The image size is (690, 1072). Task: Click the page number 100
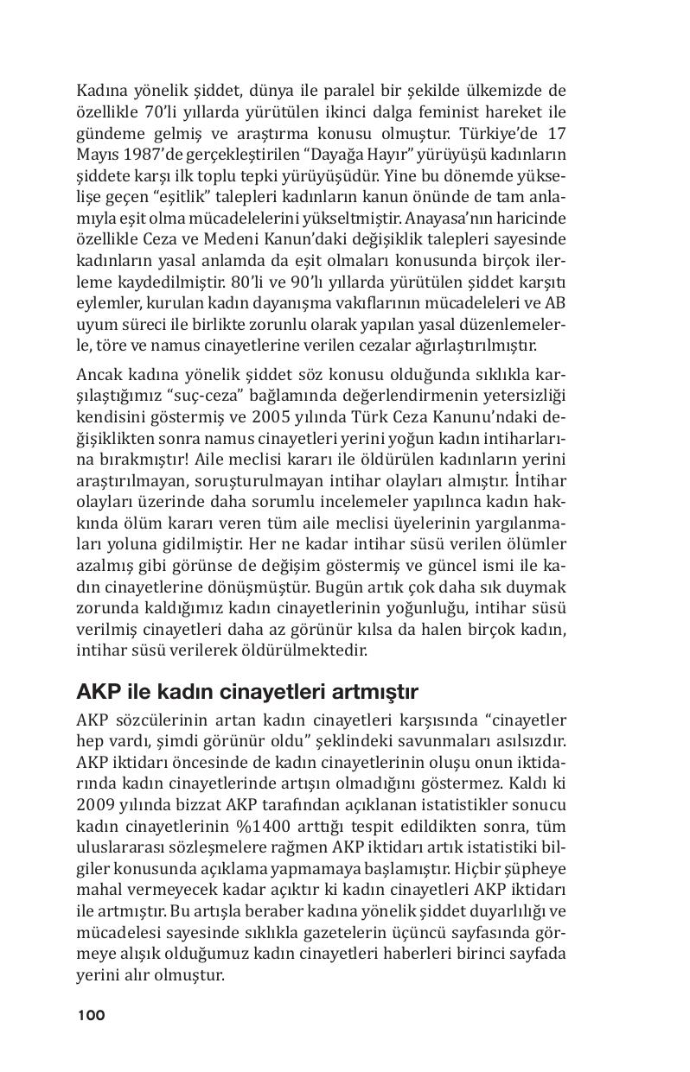[91, 1016]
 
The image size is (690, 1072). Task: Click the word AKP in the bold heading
[96, 693]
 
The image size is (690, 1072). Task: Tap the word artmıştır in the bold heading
[374, 693]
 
